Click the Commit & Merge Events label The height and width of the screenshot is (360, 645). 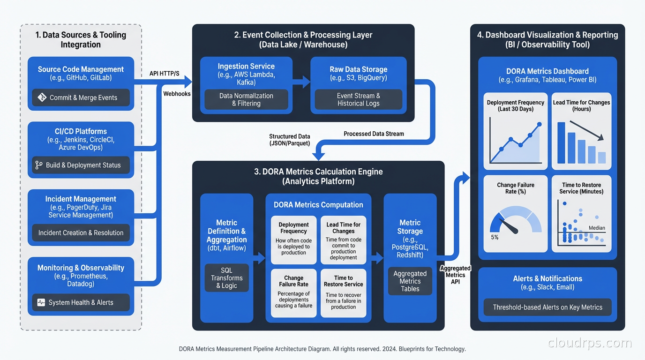83,97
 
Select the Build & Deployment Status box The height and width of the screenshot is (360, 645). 81,165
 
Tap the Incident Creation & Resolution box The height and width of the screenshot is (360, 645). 81,232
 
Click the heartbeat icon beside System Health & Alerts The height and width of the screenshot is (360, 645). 41,302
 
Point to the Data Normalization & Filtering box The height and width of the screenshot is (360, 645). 246,99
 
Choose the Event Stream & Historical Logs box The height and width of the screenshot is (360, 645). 358,99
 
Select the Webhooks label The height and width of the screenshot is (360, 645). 177,94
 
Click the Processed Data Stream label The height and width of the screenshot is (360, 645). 374,134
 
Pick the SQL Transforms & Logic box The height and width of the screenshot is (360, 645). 227,277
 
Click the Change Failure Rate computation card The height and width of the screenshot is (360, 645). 293,293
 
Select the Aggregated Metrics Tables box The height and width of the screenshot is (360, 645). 410,281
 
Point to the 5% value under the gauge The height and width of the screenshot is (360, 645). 495,237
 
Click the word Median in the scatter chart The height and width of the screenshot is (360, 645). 597,228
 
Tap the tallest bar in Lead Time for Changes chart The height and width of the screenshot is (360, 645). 561,142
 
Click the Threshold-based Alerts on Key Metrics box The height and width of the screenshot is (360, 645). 547,307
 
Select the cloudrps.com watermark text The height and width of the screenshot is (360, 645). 590,343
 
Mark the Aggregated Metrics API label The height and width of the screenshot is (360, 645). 455,275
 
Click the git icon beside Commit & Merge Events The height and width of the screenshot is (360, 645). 42,97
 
